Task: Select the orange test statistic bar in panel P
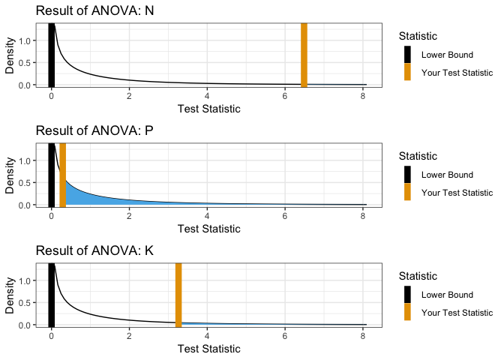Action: tap(62, 174)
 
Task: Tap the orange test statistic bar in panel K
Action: tap(178, 294)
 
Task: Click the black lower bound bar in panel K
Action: tap(51, 294)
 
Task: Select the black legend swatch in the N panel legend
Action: tap(408, 55)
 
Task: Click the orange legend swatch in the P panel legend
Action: tap(408, 192)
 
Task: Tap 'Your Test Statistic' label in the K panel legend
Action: tap(457, 313)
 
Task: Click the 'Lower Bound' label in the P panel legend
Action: tap(447, 175)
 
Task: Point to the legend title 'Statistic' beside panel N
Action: tap(418, 36)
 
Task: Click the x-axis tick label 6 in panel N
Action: tap(285, 95)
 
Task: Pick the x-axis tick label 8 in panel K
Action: tap(363, 335)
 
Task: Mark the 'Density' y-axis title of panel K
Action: tap(10, 294)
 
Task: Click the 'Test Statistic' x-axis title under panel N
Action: tap(208, 109)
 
